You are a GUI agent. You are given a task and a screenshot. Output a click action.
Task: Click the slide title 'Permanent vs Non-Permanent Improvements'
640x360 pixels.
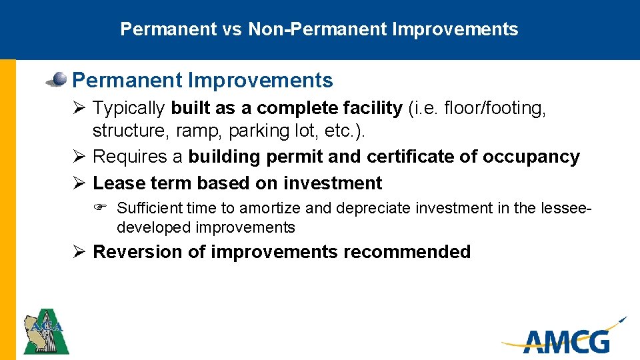point(319,29)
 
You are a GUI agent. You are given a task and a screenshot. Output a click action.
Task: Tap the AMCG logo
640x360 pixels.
point(565,336)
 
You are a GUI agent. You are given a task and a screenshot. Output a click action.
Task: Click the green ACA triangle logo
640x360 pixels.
point(46,331)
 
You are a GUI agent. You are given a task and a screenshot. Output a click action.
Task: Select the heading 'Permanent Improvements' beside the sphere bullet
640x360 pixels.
point(202,81)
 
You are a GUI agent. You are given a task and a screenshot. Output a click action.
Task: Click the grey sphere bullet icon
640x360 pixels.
point(58,80)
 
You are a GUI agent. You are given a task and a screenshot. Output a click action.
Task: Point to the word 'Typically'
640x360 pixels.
point(130,108)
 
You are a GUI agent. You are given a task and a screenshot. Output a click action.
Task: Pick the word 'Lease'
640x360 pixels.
point(116,183)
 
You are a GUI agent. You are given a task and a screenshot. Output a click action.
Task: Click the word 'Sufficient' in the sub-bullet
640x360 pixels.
point(150,208)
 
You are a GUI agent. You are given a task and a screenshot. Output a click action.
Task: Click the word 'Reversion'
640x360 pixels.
point(129,252)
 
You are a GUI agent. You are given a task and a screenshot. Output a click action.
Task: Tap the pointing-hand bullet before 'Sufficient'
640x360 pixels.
point(105,208)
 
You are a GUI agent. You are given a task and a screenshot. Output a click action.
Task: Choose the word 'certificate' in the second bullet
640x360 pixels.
point(405,157)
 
